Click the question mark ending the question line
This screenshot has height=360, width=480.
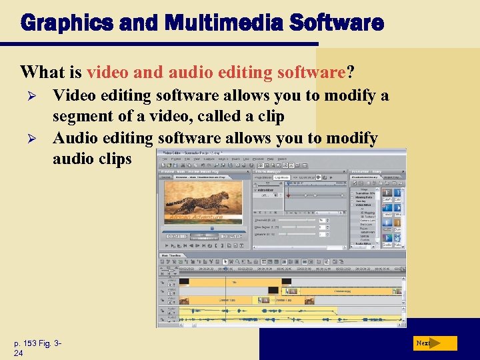351,71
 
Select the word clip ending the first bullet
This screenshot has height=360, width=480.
271,117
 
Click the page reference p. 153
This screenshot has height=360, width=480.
29,343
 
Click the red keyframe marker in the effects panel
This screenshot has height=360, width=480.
288,195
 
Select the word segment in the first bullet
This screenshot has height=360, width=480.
79,117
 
